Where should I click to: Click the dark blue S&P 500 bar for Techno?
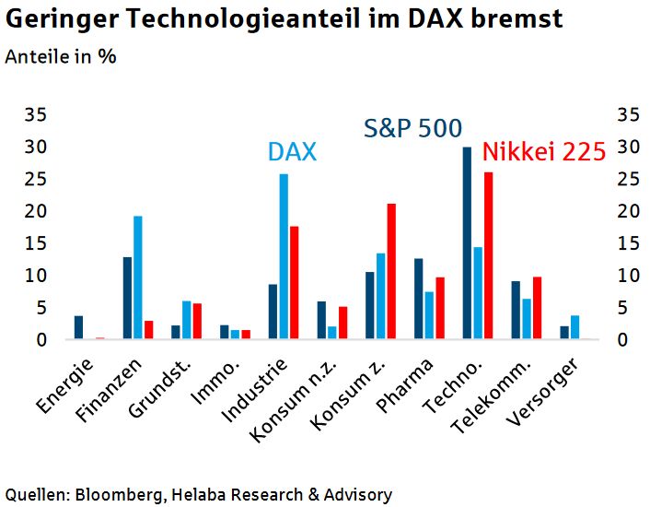(x=467, y=243)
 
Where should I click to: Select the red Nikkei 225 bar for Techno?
(x=488, y=256)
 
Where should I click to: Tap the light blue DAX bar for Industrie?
(x=284, y=257)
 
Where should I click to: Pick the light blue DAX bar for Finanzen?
(x=138, y=277)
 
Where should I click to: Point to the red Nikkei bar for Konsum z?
(x=391, y=272)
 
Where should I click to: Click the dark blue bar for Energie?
(x=79, y=328)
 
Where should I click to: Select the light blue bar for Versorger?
(x=575, y=327)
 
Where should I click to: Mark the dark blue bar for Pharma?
(x=419, y=300)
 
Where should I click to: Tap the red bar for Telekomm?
(x=537, y=308)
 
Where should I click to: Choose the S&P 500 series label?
(x=412, y=128)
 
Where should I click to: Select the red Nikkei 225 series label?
(x=543, y=152)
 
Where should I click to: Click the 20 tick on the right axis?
(x=627, y=211)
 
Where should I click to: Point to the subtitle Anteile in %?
(x=61, y=56)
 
